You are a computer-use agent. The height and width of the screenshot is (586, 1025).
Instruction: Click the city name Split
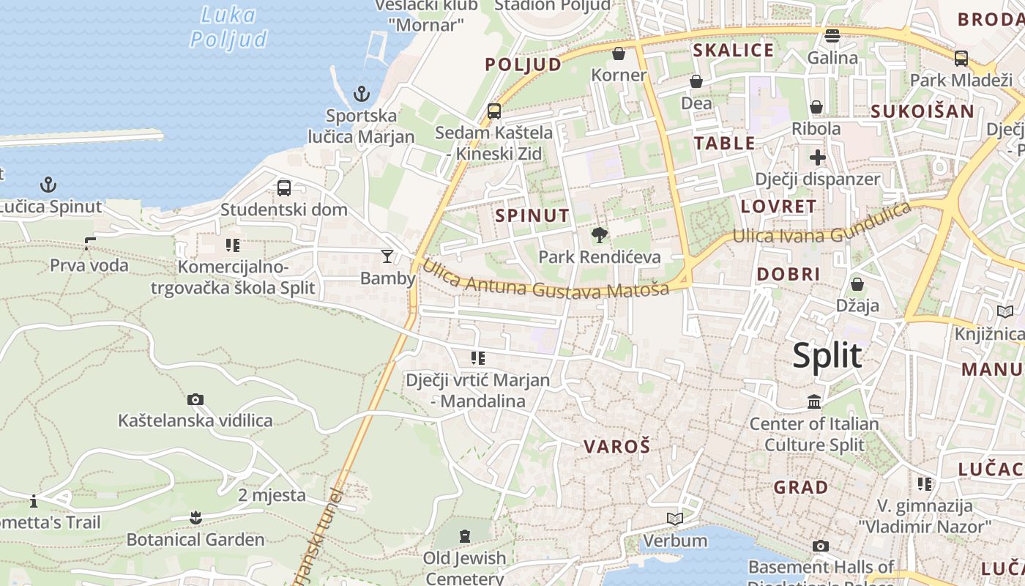(827, 356)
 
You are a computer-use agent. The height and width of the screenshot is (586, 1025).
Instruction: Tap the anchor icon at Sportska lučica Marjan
(361, 94)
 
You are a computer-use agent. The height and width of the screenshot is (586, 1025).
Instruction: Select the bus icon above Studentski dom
(284, 188)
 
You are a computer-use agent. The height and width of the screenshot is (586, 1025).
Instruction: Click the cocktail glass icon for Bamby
(387, 256)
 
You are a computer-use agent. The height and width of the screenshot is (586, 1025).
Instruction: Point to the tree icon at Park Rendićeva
(600, 235)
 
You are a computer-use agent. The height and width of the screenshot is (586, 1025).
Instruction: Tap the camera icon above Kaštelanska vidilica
(195, 399)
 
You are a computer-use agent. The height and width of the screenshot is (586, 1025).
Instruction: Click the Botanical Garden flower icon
(195, 518)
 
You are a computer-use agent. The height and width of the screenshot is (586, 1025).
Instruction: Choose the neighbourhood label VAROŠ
(617, 446)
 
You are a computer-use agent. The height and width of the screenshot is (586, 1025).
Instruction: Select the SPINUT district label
(532, 215)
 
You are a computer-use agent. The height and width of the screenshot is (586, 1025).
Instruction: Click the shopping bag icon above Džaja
(857, 283)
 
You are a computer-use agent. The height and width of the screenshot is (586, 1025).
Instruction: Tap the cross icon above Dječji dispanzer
(818, 157)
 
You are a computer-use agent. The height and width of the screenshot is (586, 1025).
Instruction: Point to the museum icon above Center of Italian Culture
(814, 401)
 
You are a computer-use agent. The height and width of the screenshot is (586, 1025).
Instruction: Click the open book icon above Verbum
(675, 519)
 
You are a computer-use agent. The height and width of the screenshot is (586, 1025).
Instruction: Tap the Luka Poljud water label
(228, 26)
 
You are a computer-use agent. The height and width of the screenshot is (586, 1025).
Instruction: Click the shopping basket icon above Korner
(619, 53)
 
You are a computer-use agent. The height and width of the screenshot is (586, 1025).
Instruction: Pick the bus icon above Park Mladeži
(961, 58)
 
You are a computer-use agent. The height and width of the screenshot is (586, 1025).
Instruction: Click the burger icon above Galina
(832, 35)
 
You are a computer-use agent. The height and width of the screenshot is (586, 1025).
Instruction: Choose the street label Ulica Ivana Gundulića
(823, 223)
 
